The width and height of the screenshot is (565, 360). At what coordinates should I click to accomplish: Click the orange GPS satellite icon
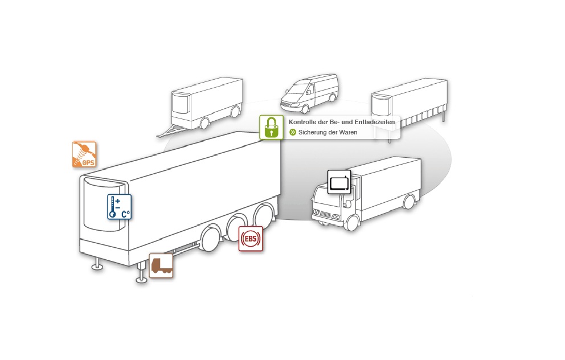click(84, 154)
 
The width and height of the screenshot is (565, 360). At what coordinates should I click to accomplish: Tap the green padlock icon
click(272, 127)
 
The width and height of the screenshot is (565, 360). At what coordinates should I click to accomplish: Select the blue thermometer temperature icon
click(119, 207)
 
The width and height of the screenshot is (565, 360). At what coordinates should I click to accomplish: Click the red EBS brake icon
click(251, 239)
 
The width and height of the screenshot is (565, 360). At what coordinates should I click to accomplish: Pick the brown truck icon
click(161, 265)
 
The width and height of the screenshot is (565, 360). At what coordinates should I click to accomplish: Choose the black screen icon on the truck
click(339, 182)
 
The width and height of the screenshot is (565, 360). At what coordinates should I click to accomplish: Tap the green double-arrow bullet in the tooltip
click(293, 133)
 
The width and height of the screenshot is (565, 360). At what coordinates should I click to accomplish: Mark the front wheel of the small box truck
click(352, 222)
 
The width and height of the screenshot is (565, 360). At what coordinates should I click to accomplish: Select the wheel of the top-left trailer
click(204, 122)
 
